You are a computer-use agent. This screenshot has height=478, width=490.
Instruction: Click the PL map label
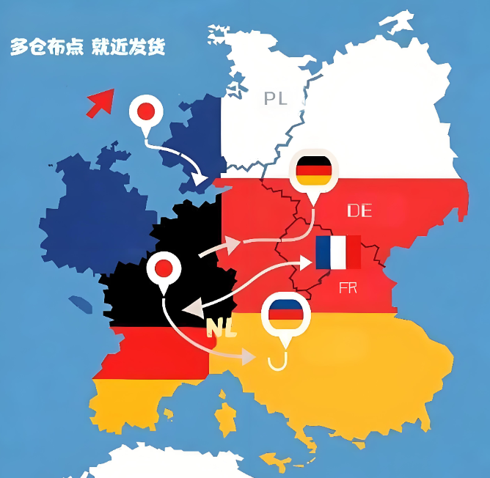coord(276,98)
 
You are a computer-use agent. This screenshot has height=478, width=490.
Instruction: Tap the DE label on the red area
coord(359,211)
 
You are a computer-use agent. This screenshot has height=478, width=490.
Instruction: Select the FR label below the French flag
coord(348,288)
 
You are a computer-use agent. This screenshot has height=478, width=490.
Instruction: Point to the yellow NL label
coord(222,328)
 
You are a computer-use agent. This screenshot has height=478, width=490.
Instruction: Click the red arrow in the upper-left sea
coord(100,103)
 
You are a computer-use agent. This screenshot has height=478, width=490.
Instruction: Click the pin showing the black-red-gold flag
coord(313,171)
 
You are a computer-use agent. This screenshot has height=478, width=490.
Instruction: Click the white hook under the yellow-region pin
coord(277,361)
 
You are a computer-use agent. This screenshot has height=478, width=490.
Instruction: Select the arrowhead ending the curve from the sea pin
coord(199,178)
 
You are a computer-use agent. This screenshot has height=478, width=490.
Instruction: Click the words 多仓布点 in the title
coord(46,48)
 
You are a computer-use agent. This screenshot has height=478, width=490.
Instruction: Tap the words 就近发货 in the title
coord(129,48)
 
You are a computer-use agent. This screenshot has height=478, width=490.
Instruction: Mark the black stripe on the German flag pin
coord(313,163)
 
